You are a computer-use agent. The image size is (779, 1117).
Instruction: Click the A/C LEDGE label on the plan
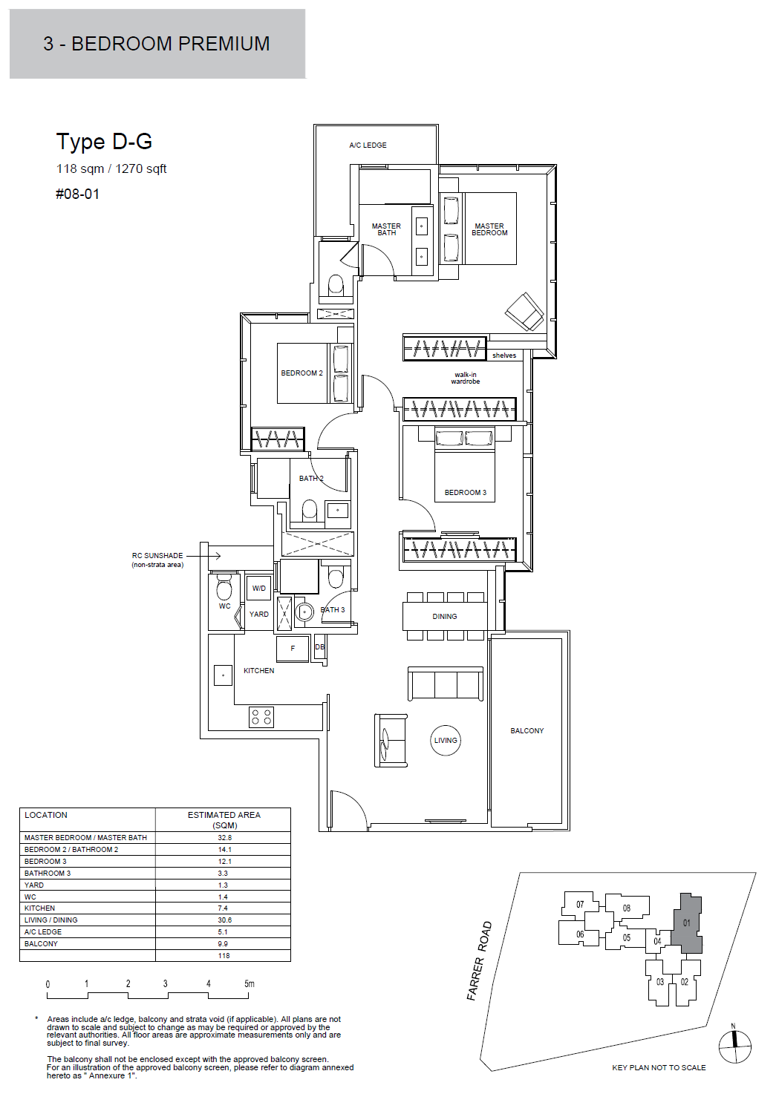tap(368, 145)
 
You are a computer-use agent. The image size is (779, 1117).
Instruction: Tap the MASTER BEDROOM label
tap(489, 229)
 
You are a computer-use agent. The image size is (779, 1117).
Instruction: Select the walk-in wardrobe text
tap(466, 378)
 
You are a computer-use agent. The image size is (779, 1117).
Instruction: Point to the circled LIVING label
tap(445, 740)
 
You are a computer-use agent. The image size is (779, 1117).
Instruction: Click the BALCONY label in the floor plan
tap(527, 730)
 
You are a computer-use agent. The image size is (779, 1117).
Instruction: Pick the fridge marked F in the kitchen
tap(293, 648)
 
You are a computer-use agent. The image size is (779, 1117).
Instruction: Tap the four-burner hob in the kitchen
tap(261, 717)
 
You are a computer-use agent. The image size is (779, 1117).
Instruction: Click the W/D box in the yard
tap(259, 588)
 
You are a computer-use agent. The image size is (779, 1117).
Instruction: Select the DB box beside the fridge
tap(320, 647)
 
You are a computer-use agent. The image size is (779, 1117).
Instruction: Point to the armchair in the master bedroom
tap(524, 312)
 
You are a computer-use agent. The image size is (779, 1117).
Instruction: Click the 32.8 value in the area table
tap(224, 838)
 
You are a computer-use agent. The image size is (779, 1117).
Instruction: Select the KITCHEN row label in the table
tap(39, 908)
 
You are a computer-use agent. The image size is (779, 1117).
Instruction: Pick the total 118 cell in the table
tap(224, 955)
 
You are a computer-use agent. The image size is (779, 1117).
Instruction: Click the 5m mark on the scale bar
tap(249, 984)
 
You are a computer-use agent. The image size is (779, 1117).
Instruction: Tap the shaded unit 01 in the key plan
tap(687, 923)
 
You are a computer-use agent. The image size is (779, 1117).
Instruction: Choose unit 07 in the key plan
tap(580, 904)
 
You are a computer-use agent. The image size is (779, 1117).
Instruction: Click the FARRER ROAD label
tap(480, 960)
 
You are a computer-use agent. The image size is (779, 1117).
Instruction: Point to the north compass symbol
tap(734, 1046)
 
